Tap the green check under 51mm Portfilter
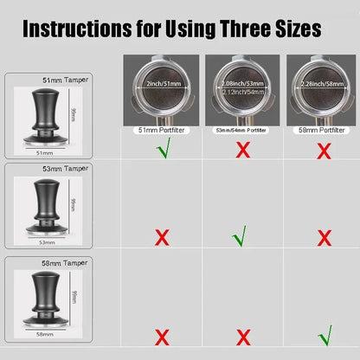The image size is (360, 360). click(x=160, y=150)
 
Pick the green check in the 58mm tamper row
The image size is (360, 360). click(x=325, y=334)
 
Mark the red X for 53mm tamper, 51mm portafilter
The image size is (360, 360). click(x=160, y=236)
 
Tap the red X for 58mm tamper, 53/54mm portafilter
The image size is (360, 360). click(x=243, y=336)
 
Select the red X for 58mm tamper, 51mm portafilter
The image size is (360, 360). click(x=160, y=336)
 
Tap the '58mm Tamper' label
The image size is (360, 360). click(x=51, y=266)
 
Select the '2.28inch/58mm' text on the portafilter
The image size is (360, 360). click(x=325, y=84)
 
